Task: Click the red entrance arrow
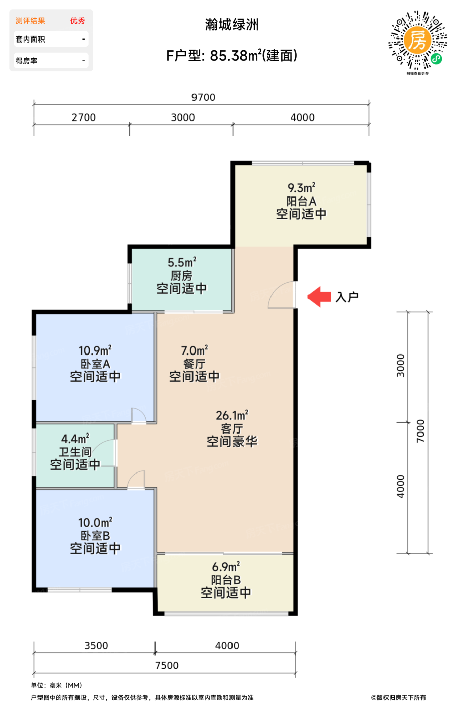click(x=319, y=297)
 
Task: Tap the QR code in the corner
click(x=417, y=40)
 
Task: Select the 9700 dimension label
click(x=203, y=97)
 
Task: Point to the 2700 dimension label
click(x=84, y=117)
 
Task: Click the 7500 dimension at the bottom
click(x=167, y=665)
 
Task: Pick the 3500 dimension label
click(x=96, y=645)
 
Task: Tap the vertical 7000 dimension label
click(x=420, y=431)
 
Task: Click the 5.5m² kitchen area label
click(x=182, y=262)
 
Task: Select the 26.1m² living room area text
click(x=232, y=415)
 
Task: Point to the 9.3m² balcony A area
click(x=301, y=188)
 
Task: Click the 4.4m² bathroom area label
click(x=75, y=439)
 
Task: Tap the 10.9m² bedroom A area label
click(x=95, y=350)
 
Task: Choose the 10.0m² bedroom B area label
click(x=95, y=522)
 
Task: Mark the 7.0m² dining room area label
click(x=195, y=350)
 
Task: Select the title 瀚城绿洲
click(x=231, y=25)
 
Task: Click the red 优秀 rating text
click(x=78, y=21)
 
